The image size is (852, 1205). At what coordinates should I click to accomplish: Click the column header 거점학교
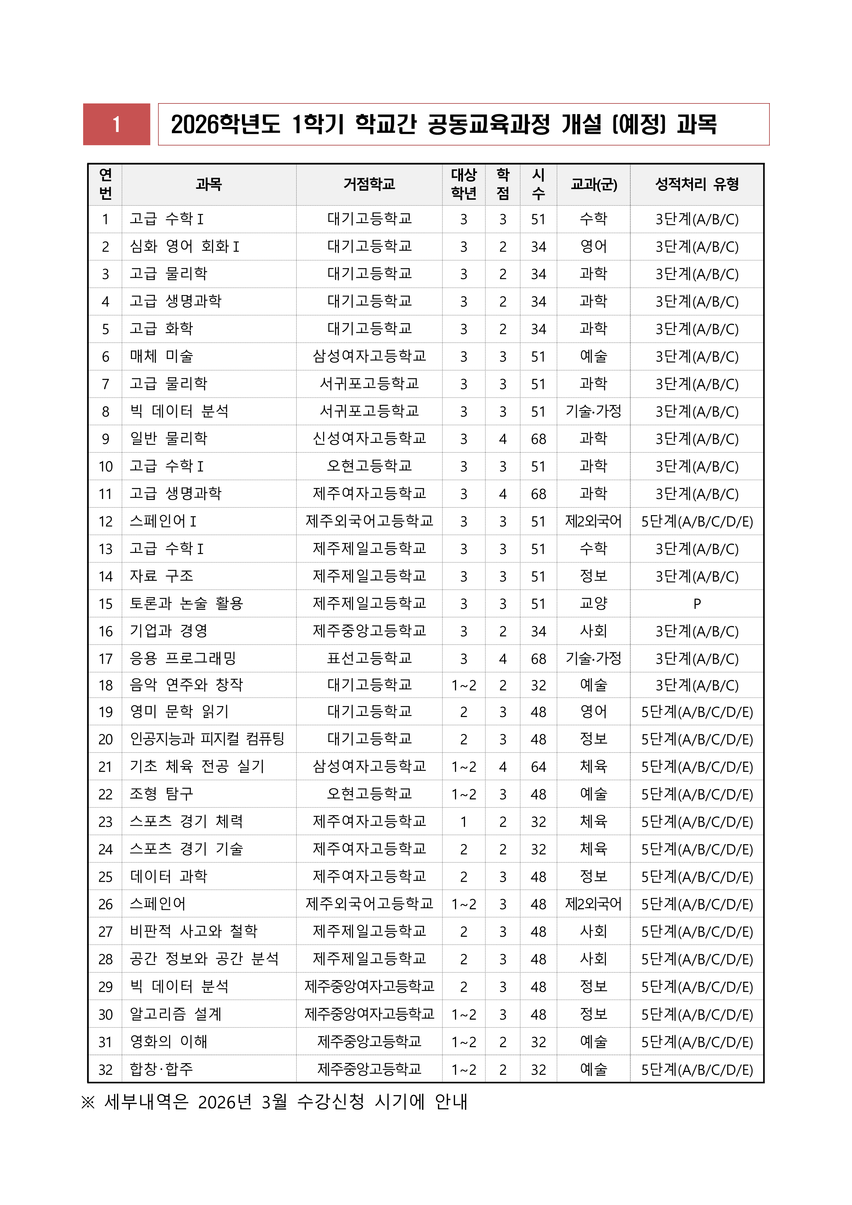coord(369,184)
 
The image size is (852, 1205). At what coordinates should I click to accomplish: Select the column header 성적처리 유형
coord(697,184)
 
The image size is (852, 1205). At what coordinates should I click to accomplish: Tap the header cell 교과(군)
coord(593,184)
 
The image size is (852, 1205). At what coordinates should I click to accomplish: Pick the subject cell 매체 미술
coord(162,356)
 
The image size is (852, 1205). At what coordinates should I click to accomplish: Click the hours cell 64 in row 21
coord(538,767)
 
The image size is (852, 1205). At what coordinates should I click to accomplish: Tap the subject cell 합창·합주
coord(162,1070)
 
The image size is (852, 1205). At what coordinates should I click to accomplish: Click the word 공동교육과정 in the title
coord(488,124)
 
